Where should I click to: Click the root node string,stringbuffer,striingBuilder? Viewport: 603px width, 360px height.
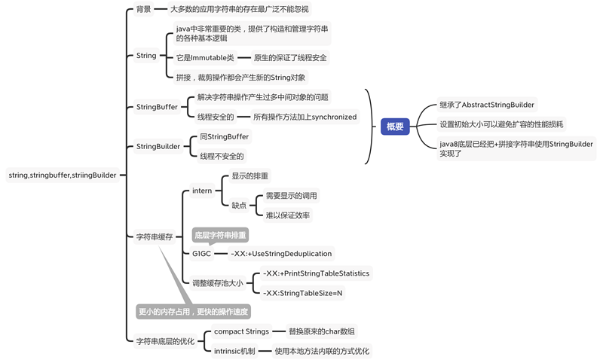coord(63,175)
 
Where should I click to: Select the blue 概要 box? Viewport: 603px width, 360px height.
coord(395,127)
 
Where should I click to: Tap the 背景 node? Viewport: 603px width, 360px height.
coord(143,10)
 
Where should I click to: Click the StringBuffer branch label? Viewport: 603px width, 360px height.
coord(157,107)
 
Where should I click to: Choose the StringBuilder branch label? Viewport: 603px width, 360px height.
coord(158,146)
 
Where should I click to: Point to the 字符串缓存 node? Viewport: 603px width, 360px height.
coord(155,236)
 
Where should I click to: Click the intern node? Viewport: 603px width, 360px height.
coord(202,191)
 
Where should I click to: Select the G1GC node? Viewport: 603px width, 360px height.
coord(202,254)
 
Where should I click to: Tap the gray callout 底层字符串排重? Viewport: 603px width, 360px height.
coord(220,235)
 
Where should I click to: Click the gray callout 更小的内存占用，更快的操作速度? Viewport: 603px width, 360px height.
coord(193,311)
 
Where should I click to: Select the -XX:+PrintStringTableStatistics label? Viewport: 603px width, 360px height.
coord(316,273)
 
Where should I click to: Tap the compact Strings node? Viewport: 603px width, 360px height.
coord(241,331)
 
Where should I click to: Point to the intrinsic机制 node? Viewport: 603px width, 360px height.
coord(234,351)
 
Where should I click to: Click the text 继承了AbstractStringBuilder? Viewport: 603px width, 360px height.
coord(487,105)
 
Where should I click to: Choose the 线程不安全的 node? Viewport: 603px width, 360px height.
coord(222,157)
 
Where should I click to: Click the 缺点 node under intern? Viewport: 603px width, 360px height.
coord(239,205)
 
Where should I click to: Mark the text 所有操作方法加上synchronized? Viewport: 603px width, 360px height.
coord(305,117)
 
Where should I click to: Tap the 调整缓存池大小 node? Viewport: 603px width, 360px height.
coord(218,283)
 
